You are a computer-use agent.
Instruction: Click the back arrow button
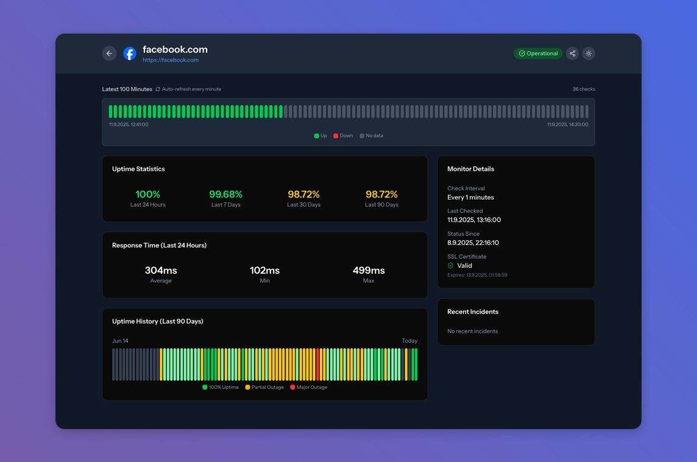coord(109,54)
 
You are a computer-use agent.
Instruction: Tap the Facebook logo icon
coord(129,54)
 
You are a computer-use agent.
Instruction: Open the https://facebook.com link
coord(171,60)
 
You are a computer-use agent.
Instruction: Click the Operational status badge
coord(538,54)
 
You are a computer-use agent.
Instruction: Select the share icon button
coord(573,54)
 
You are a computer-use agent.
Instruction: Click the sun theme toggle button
coord(589,54)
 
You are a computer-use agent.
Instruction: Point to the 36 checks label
coord(584,89)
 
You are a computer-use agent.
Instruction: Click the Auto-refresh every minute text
coord(191,89)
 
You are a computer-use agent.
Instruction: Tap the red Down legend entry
coord(343,136)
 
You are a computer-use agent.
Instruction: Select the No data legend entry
coord(371,136)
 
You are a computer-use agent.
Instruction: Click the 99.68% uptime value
coord(226,194)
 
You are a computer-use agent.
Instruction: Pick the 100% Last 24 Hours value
coord(147,194)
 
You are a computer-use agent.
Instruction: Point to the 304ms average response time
coord(161,271)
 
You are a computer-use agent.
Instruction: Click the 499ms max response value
coord(369,271)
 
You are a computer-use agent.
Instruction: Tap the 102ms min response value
coord(264,271)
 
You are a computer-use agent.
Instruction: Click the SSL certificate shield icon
coord(450,266)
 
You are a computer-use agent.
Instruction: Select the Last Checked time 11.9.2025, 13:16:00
coord(474,219)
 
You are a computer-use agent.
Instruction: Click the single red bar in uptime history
coord(318,364)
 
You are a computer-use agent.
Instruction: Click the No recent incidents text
coord(473,332)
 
